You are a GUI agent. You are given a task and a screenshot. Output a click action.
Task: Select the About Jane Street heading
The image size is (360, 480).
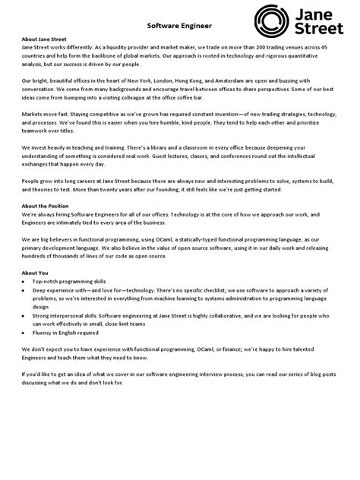(46, 39)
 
